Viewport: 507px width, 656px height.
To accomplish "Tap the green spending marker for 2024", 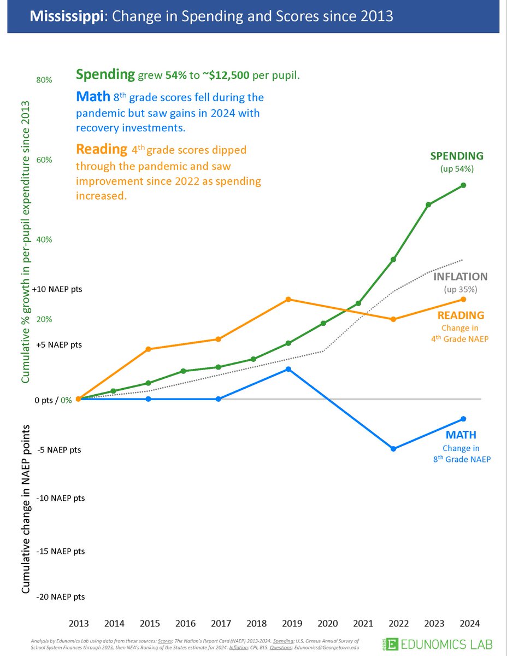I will coord(463,185).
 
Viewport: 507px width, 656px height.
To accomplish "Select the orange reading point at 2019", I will coord(288,300).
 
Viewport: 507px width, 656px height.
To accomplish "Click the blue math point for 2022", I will coord(393,449).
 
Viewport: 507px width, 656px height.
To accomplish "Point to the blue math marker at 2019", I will coord(288,370).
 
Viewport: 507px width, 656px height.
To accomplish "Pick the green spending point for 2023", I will coord(428,204).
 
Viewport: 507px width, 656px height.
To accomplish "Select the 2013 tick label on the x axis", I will coord(79,623).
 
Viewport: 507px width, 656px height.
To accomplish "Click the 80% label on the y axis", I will coord(44,80).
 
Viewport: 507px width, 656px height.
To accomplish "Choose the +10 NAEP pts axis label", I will coord(58,289).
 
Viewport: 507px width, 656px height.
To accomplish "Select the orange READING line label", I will coord(461,315).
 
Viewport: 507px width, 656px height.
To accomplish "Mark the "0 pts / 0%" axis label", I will coord(53,400).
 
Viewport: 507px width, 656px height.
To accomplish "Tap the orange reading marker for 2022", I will coord(393,319).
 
